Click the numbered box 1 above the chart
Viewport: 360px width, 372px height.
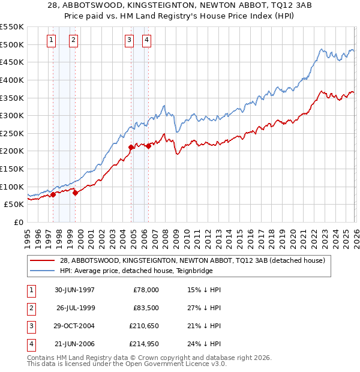coord(52,40)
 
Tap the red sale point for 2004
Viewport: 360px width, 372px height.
coord(131,146)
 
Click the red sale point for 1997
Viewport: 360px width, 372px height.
coord(53,194)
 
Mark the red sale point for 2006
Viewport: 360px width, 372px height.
coord(148,145)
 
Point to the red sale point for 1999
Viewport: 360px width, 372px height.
coord(75,192)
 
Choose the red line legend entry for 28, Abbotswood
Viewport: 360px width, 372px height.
coord(192,260)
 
